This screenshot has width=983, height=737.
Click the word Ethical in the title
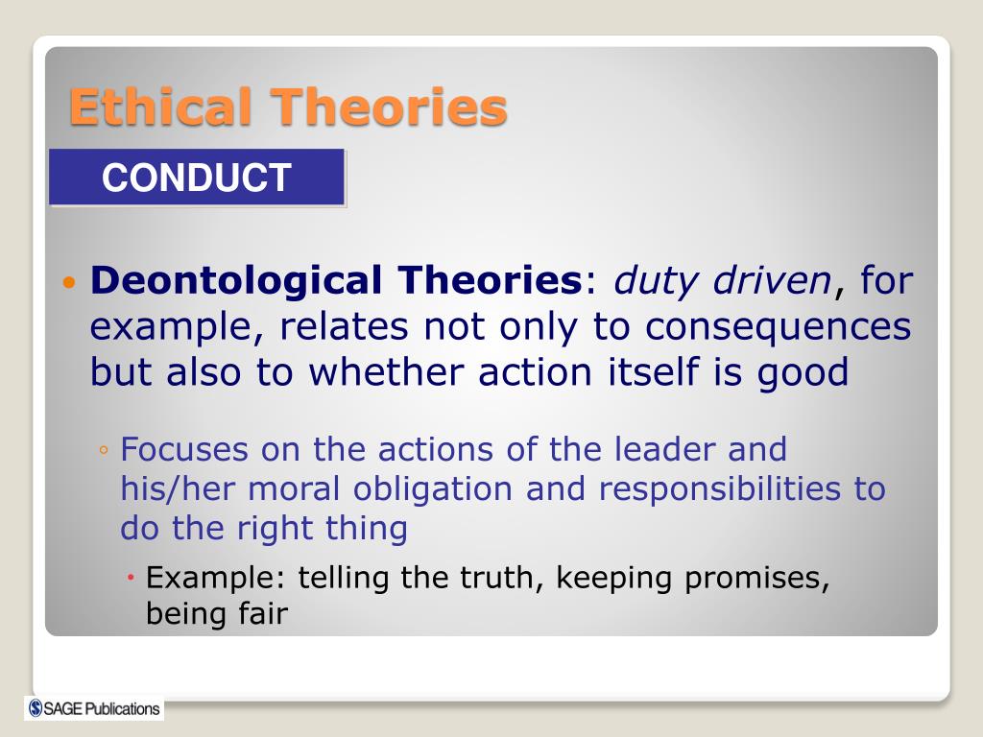[x=160, y=107]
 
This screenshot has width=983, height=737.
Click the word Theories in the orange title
[x=388, y=107]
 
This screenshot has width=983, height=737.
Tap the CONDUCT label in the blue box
[x=196, y=177]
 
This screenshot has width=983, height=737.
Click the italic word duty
[x=656, y=281]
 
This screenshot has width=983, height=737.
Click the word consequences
[x=778, y=327]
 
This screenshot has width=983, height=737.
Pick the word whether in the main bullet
[x=385, y=371]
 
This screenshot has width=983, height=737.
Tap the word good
[x=803, y=373]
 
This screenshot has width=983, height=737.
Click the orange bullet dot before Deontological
[x=69, y=283]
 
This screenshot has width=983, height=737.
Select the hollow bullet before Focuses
[x=104, y=450]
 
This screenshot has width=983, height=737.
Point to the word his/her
[x=178, y=488]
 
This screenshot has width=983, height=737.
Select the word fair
[x=263, y=613]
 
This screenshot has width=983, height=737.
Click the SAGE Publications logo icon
[x=36, y=708]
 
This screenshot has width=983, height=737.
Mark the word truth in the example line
[x=496, y=578]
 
